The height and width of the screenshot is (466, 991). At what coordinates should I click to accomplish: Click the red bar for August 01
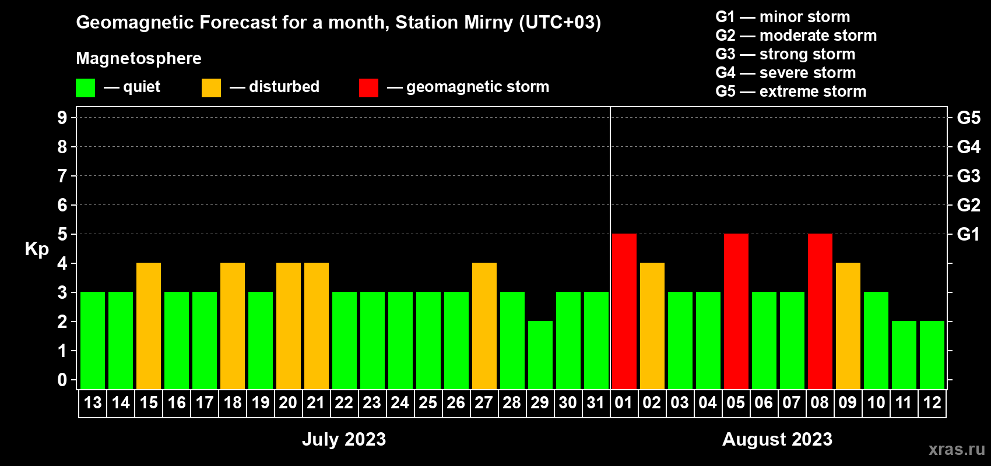[x=624, y=311]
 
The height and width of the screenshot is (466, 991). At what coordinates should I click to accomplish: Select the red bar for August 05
[x=736, y=311]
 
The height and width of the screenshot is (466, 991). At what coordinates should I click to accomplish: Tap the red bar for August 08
[x=820, y=311]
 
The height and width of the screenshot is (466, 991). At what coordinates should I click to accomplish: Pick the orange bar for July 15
[x=149, y=326]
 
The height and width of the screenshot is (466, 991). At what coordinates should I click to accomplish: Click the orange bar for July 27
[x=484, y=326]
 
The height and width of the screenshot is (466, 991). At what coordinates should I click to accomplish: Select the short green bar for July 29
[x=540, y=355]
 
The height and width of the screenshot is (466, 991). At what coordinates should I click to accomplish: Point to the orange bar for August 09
[x=848, y=326]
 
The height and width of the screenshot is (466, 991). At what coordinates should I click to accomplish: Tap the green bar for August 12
[x=932, y=355]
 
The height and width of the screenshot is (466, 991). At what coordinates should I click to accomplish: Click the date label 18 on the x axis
[x=233, y=403]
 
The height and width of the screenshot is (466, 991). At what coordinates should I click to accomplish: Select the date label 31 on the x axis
[x=596, y=403]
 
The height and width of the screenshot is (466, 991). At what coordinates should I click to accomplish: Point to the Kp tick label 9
[x=62, y=118]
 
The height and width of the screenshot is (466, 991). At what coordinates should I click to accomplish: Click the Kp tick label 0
[x=62, y=380]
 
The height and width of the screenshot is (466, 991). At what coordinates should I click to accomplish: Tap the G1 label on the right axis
[x=969, y=234]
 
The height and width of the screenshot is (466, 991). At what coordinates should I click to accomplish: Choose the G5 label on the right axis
[x=969, y=118]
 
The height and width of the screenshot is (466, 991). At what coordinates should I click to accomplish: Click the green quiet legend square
[x=85, y=87]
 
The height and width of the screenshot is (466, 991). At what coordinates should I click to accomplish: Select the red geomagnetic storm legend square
[x=369, y=87]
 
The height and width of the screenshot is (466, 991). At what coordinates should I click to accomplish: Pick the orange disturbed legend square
[x=212, y=87]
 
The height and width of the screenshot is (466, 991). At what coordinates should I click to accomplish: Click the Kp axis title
[x=37, y=249]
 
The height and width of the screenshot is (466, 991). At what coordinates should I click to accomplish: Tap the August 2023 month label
[x=777, y=439]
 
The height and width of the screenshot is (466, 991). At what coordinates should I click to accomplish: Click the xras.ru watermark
[x=957, y=449]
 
